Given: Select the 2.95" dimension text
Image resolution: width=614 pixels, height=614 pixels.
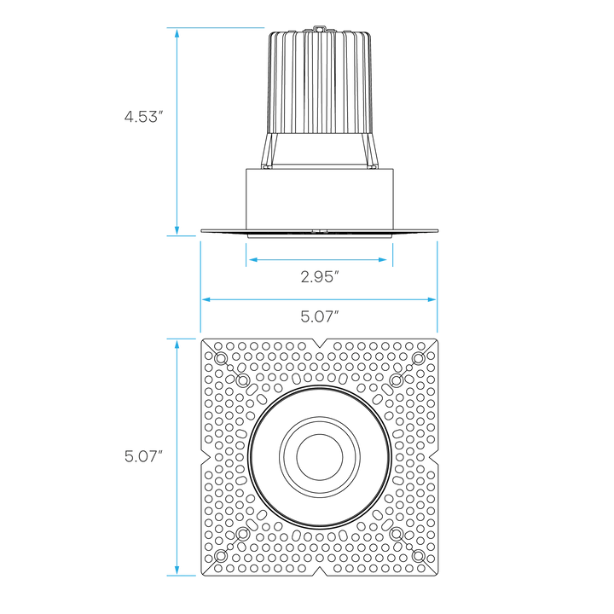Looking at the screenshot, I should (320, 275).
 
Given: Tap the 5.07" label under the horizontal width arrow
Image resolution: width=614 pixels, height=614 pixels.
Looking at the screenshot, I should (320, 316).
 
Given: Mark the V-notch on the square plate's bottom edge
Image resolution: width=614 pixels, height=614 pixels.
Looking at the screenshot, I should (319, 570).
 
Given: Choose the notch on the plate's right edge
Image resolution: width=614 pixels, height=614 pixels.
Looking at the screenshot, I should (433, 456).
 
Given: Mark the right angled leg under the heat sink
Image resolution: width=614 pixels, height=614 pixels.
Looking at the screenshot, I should (372, 152).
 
